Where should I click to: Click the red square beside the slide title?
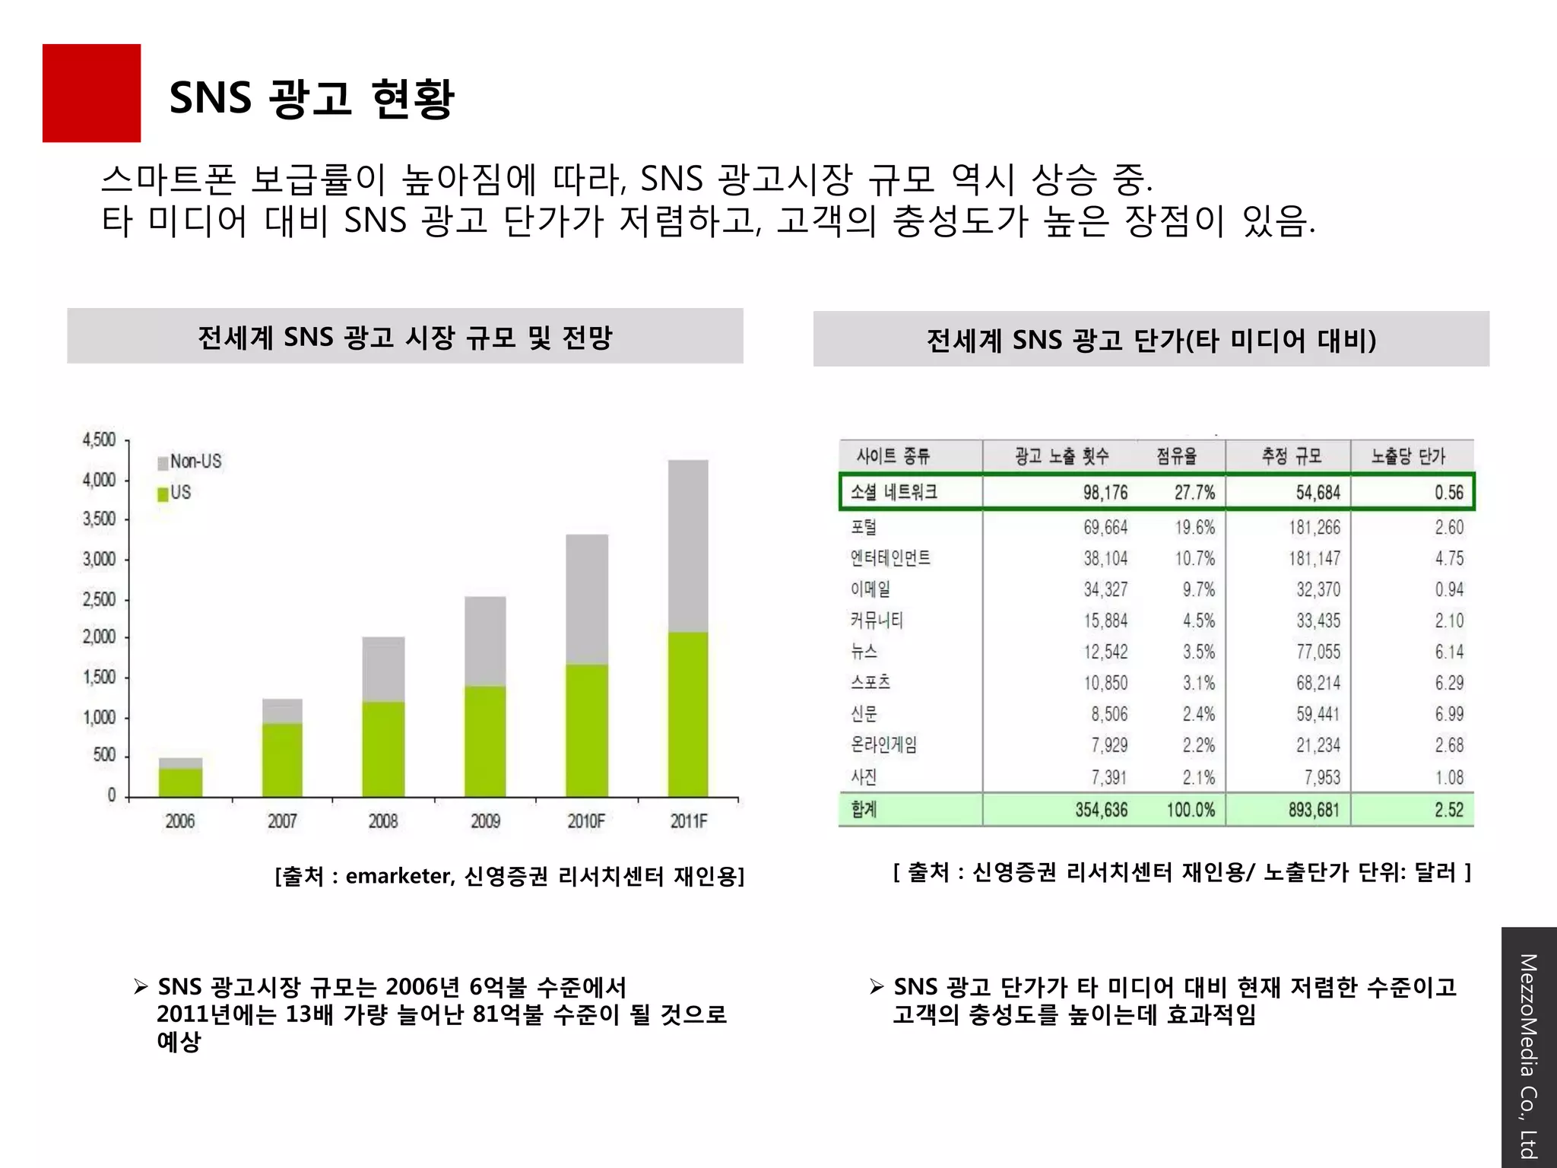[x=91, y=93]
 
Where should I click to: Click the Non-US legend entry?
[x=190, y=462]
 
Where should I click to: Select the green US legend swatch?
[x=163, y=494]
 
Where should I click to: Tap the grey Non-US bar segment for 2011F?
[x=688, y=545]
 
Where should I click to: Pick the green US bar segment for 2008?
[x=383, y=749]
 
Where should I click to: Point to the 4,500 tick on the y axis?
[x=100, y=440]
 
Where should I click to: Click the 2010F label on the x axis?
[x=586, y=821]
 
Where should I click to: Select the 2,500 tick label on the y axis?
[x=100, y=599]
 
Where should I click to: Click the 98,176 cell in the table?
[x=1105, y=493]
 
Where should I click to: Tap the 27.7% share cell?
[x=1194, y=493]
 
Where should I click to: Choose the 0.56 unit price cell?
[x=1448, y=493]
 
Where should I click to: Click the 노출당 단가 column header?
[x=1408, y=456]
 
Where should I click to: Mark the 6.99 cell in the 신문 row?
[x=1448, y=714]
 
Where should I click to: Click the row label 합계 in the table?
[x=864, y=809]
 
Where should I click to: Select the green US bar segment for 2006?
[x=180, y=782]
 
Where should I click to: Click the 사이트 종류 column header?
[x=893, y=456]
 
